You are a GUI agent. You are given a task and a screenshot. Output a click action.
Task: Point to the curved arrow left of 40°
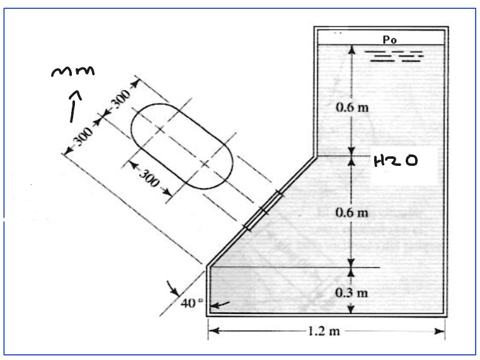pos(171,289)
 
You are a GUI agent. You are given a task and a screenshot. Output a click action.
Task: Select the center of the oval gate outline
pos(181,144)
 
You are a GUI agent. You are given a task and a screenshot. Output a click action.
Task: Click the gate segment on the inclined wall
pos(261,209)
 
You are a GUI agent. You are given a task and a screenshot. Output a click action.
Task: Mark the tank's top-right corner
pos(448,28)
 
